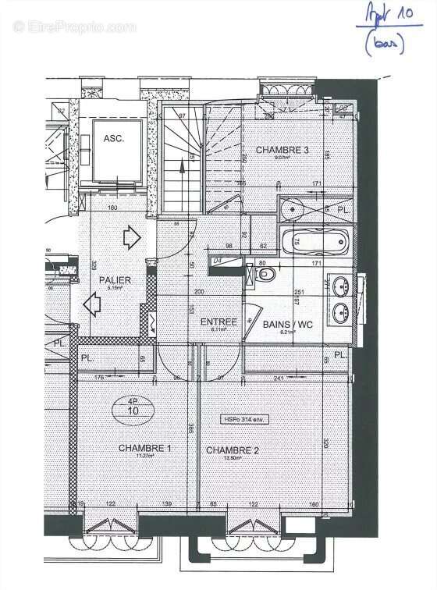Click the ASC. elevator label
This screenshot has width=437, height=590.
click(114, 138)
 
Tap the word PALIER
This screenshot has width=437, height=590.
click(114, 279)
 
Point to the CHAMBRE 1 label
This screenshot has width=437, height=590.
click(144, 448)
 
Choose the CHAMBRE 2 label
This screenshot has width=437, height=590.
click(232, 450)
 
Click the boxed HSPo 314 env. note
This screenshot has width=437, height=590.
click(244, 420)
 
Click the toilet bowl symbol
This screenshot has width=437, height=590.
click(265, 275)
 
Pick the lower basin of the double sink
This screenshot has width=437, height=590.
click(340, 314)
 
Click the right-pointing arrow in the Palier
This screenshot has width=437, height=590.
click(130, 233)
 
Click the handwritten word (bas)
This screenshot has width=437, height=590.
click(388, 45)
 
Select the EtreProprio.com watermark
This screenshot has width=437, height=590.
click(75, 27)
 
